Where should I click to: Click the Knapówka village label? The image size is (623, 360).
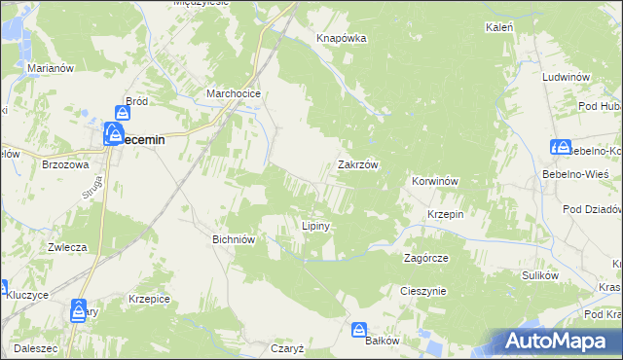click(341, 38)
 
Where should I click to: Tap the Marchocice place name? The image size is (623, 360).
click(231, 93)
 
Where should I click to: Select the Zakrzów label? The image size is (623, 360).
click(357, 164)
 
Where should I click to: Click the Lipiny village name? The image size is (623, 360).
click(315, 226)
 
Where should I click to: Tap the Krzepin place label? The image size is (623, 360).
click(444, 213)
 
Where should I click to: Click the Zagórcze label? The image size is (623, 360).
click(425, 258)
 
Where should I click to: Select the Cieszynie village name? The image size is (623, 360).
click(423, 290)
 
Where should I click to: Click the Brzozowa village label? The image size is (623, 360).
click(66, 165)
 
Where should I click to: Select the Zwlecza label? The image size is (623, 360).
click(67, 247)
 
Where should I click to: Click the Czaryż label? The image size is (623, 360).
click(288, 347)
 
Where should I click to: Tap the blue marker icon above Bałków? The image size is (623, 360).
click(359, 330)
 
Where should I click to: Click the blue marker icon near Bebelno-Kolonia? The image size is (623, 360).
click(561, 147)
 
